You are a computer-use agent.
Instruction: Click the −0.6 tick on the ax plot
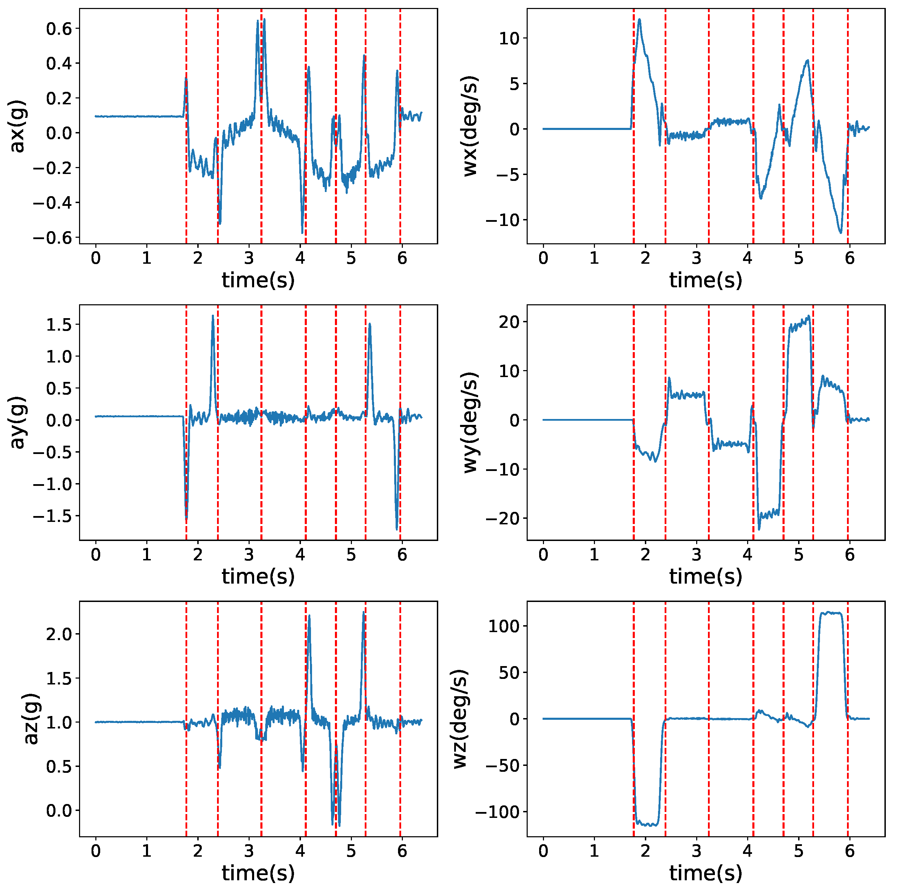53,238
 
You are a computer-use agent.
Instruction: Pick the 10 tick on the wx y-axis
509,38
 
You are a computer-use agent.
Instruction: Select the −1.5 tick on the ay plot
53,516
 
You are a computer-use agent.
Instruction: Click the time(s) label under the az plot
258,873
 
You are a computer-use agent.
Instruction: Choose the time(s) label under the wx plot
706,280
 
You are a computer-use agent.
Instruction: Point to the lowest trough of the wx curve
840,233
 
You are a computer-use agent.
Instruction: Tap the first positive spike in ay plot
213,316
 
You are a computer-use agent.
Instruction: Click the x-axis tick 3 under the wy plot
696,555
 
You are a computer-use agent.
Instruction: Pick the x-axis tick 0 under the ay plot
95,555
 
